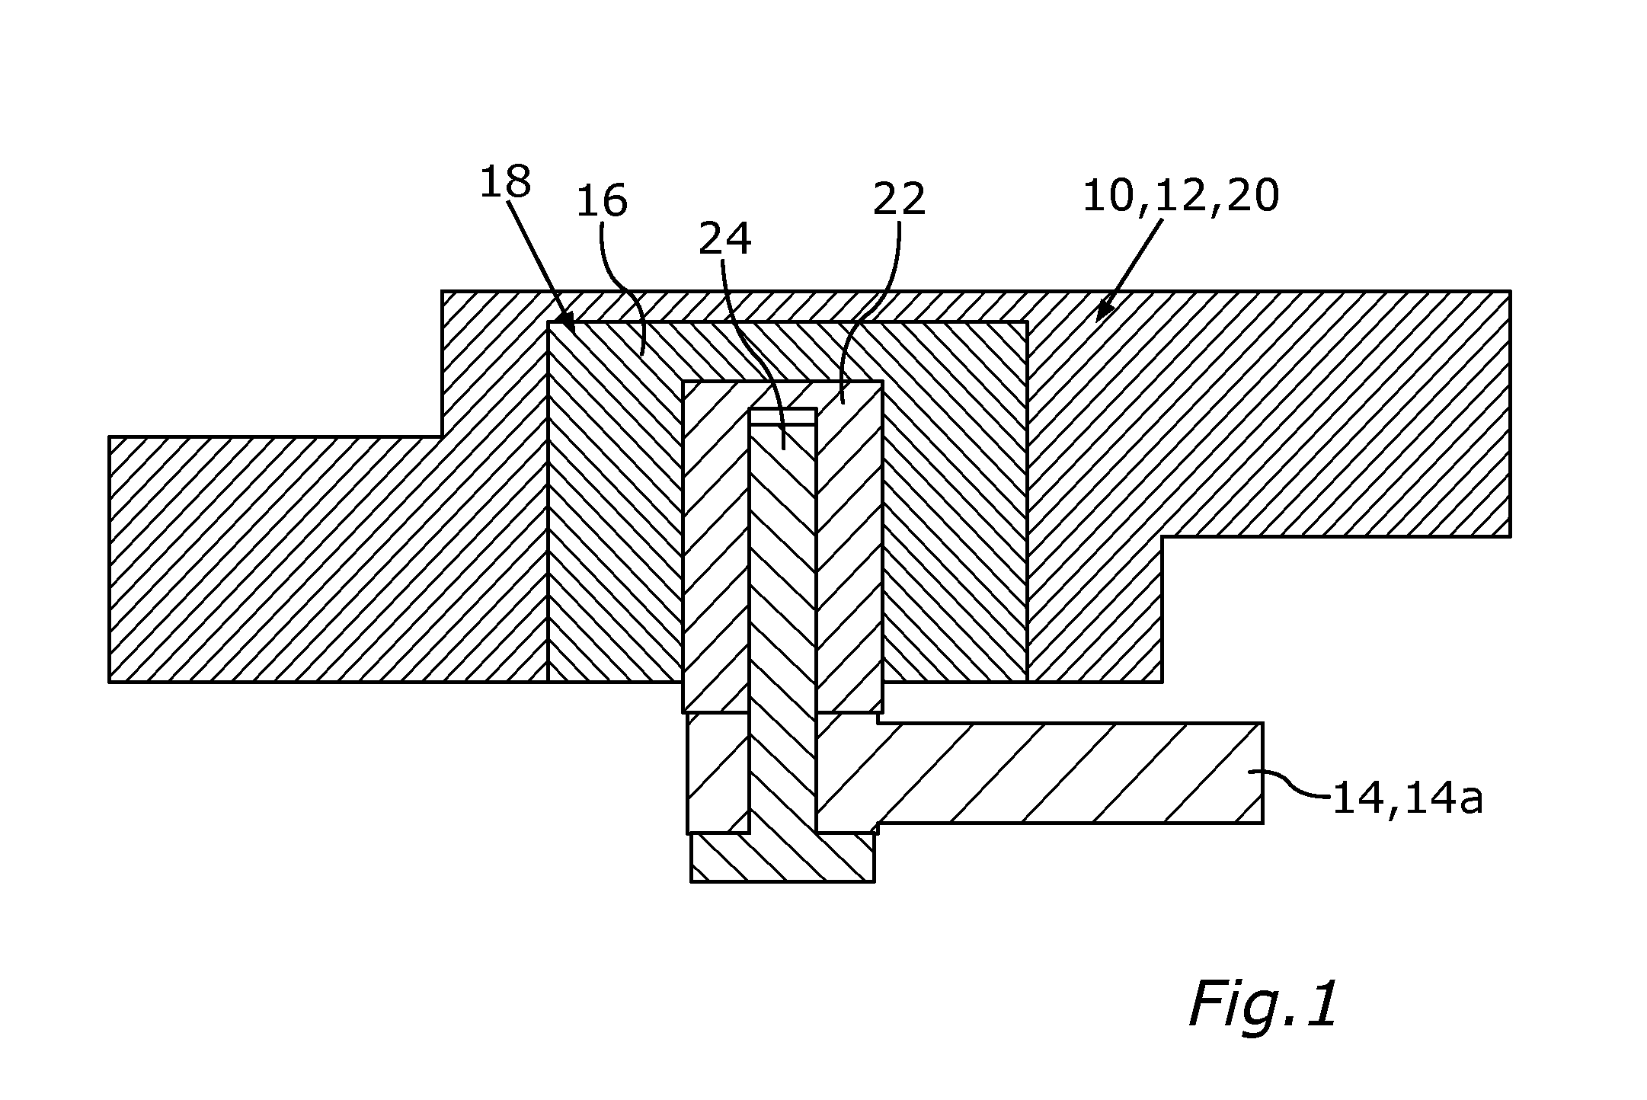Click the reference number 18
point(505,182)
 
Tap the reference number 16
point(602,202)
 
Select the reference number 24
point(725,239)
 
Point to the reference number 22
point(899,200)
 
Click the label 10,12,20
point(1181,197)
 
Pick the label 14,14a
point(1407,801)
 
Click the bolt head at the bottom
point(782,858)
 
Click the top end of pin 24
point(783,410)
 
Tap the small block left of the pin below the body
point(718,773)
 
